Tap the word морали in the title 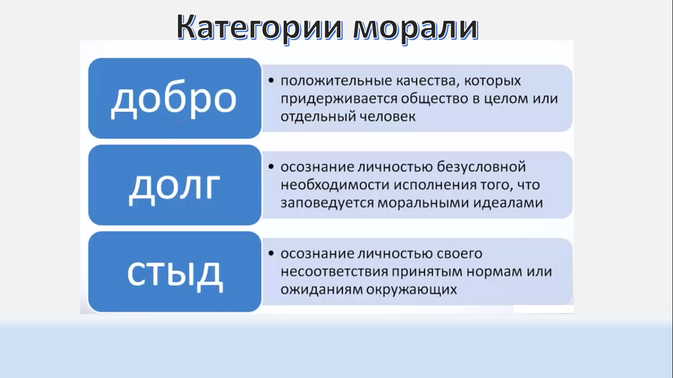416,28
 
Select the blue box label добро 173,99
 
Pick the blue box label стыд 175,275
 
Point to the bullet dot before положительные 271,80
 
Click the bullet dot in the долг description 271,167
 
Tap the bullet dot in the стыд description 271,253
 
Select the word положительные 336,81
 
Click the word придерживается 339,99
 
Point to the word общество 435,99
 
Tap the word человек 388,117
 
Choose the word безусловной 481,167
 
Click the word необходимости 336,185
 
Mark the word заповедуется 327,203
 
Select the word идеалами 508,203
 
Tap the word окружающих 411,290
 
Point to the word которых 492,81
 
